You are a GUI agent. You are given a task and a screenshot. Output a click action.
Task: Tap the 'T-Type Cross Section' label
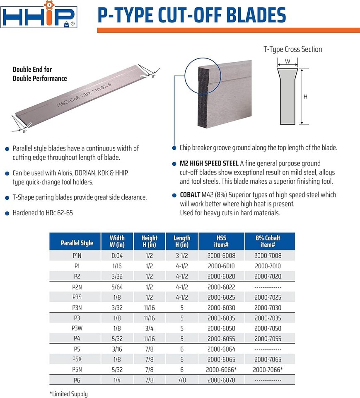point(292,49)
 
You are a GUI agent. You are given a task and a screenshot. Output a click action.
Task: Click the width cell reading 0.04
point(117,256)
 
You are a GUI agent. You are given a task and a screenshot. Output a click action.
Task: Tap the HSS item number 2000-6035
point(221,318)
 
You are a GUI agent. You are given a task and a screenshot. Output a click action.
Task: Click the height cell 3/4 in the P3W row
point(149,328)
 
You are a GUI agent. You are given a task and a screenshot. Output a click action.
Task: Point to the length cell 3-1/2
point(181,256)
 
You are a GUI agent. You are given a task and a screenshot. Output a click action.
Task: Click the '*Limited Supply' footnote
point(68,394)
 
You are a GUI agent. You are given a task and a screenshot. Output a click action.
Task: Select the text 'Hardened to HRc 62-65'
point(44,213)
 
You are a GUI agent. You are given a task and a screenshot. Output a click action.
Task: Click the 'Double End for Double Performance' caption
point(39,74)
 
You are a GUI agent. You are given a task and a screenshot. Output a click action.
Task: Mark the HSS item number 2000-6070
point(221,380)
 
